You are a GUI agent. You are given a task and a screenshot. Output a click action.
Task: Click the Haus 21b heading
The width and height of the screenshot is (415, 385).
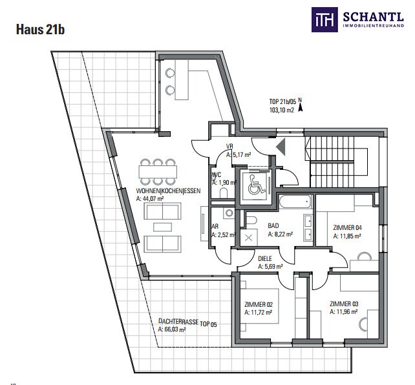point(41,29)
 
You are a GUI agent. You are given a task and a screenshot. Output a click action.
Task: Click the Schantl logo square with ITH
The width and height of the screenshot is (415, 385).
point(325,19)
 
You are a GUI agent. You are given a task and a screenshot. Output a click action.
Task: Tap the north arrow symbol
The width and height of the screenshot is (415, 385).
point(300,107)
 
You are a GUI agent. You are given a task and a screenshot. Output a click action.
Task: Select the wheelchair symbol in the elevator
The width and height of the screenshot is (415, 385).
point(256,184)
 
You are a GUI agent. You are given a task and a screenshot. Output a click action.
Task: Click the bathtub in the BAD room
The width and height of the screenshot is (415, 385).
point(295,202)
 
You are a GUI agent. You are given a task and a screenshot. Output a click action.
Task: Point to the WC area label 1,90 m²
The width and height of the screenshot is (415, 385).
point(224,183)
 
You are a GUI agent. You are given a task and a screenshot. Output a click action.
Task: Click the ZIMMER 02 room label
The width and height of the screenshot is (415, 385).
point(259,305)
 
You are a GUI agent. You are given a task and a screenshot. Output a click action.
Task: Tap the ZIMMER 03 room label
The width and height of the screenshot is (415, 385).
point(344,304)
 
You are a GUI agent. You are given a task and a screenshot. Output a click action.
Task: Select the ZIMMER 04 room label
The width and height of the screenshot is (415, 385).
point(347,227)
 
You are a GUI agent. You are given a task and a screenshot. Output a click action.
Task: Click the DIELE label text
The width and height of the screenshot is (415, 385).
point(265,259)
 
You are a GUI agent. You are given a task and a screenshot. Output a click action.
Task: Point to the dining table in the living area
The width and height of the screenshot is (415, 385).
point(158,172)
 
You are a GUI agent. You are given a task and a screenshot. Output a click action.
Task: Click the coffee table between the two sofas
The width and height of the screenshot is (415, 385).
point(162,227)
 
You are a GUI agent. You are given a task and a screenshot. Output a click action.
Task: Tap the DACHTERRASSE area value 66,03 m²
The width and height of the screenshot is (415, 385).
point(172,329)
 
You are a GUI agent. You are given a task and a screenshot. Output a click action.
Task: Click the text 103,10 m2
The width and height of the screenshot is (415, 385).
point(282,110)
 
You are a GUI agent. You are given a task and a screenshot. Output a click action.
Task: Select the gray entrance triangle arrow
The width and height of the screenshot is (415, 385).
point(281,147)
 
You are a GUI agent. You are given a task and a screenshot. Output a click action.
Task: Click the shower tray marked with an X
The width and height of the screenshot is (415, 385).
point(248,238)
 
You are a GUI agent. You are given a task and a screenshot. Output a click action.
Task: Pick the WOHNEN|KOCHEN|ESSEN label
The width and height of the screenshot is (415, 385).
point(168,191)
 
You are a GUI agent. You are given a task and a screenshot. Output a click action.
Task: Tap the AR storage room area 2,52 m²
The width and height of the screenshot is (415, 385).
point(224,234)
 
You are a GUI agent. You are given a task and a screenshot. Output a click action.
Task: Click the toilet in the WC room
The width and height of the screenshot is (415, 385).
point(224,193)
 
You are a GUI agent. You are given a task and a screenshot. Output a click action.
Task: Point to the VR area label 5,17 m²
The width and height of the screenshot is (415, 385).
point(239,155)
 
